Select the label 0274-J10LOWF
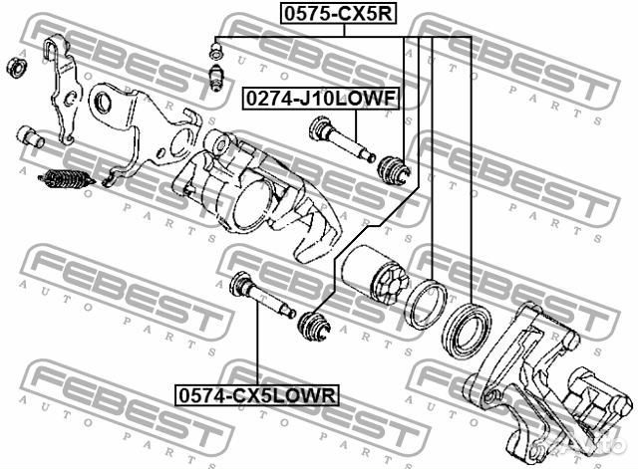point(320,98)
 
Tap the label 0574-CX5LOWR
point(257,395)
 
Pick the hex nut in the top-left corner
point(16,68)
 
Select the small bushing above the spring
point(31,136)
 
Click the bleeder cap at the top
point(212,47)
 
